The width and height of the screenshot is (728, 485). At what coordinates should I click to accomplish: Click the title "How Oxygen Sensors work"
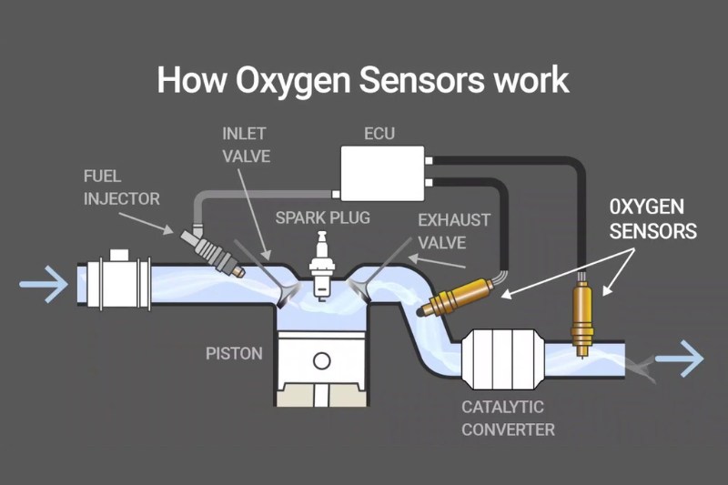[363, 79]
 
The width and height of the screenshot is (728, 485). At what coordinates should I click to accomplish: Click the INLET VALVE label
[246, 144]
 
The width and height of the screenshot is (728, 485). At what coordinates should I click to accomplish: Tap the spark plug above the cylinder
[319, 265]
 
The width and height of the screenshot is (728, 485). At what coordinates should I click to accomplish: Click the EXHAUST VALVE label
[455, 231]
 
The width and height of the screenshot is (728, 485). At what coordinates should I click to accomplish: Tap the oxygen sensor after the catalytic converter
[580, 315]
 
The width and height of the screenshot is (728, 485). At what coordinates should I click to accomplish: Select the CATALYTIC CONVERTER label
[502, 417]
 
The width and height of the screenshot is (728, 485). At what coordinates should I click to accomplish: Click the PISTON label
[234, 352]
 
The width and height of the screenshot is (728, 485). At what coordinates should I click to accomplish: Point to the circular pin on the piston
[321, 359]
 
